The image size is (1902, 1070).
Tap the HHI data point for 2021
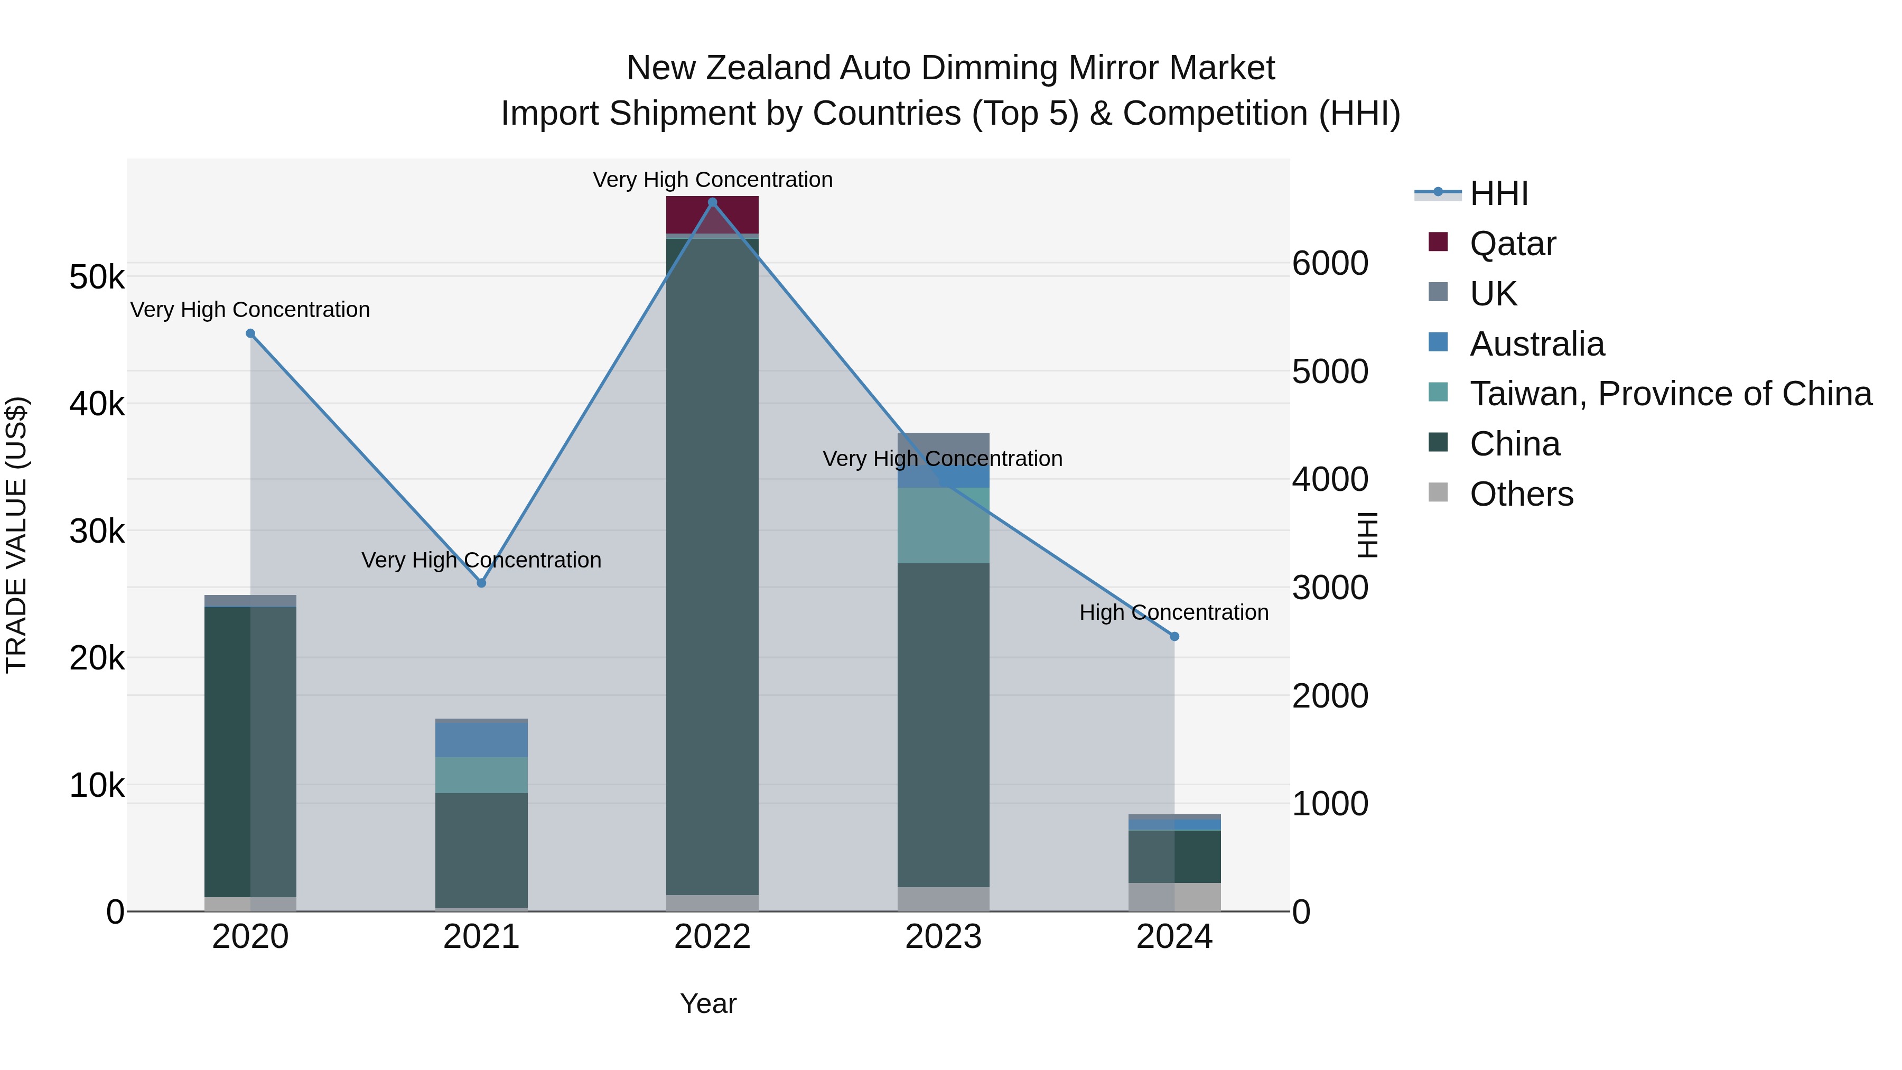click(481, 583)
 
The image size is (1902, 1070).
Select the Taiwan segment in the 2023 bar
click(943, 525)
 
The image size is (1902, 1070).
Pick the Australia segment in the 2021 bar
click(481, 739)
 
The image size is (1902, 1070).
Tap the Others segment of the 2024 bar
click(1174, 897)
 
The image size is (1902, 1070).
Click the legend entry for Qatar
click(1512, 244)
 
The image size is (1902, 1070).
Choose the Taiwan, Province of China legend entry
click(1670, 394)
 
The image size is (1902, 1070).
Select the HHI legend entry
click(1498, 193)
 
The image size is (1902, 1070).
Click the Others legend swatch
click(1438, 492)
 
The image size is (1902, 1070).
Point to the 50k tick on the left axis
click(97, 277)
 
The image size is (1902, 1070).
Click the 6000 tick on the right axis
click(1330, 264)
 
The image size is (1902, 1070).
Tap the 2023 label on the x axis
click(943, 937)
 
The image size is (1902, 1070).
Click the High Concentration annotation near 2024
click(1173, 612)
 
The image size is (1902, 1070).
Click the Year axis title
click(707, 1003)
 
